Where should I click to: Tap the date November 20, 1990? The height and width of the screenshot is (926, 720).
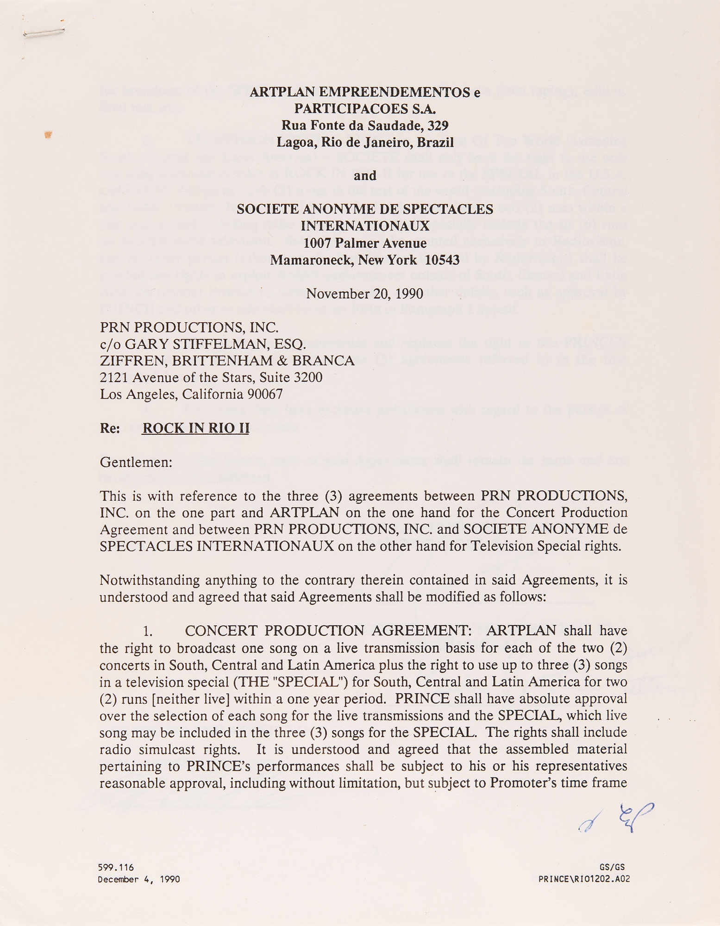click(x=364, y=294)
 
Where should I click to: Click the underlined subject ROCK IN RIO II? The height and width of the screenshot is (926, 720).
click(x=195, y=428)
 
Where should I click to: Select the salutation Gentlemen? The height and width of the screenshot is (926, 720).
click(x=136, y=462)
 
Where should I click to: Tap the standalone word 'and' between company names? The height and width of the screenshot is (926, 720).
click(x=365, y=176)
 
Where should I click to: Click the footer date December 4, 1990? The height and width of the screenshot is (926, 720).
click(x=138, y=879)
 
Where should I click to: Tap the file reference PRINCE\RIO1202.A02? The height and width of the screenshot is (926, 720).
click(x=584, y=879)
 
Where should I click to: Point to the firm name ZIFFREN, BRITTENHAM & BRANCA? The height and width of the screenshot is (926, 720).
click(x=227, y=361)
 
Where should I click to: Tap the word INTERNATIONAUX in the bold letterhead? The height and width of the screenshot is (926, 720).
click(x=365, y=226)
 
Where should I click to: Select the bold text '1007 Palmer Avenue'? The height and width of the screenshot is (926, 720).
click(x=365, y=243)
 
